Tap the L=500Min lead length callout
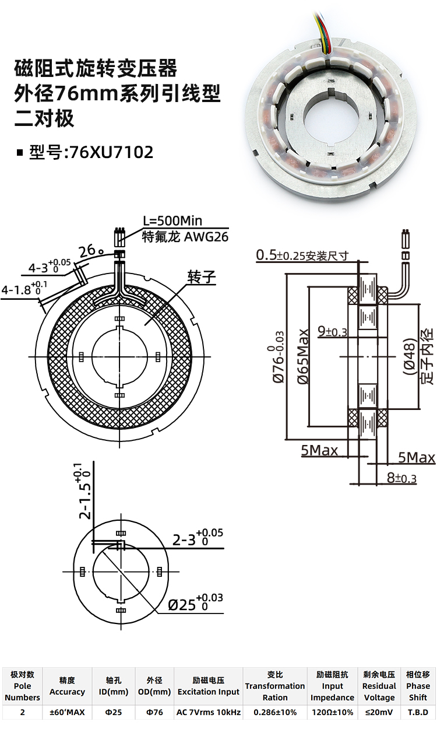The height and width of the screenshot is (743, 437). (172, 220)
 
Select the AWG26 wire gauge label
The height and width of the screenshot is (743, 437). (206, 237)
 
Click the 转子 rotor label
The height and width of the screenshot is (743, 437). (202, 277)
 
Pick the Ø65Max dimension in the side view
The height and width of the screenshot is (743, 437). (303, 356)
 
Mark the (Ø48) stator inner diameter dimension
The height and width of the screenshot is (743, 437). (410, 356)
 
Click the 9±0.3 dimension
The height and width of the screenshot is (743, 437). (332, 331)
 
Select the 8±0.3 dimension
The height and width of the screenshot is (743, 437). (401, 478)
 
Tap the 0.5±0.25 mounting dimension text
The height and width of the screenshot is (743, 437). (302, 255)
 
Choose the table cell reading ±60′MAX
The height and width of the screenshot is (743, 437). (67, 712)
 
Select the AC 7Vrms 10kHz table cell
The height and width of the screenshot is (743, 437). (209, 712)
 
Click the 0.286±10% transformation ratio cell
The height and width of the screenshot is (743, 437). (275, 712)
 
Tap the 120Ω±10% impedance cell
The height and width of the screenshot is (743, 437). (332, 712)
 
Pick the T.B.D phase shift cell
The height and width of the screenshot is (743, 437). (418, 712)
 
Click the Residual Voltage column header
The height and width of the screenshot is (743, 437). (379, 686)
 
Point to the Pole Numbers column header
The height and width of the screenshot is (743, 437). (22, 686)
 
